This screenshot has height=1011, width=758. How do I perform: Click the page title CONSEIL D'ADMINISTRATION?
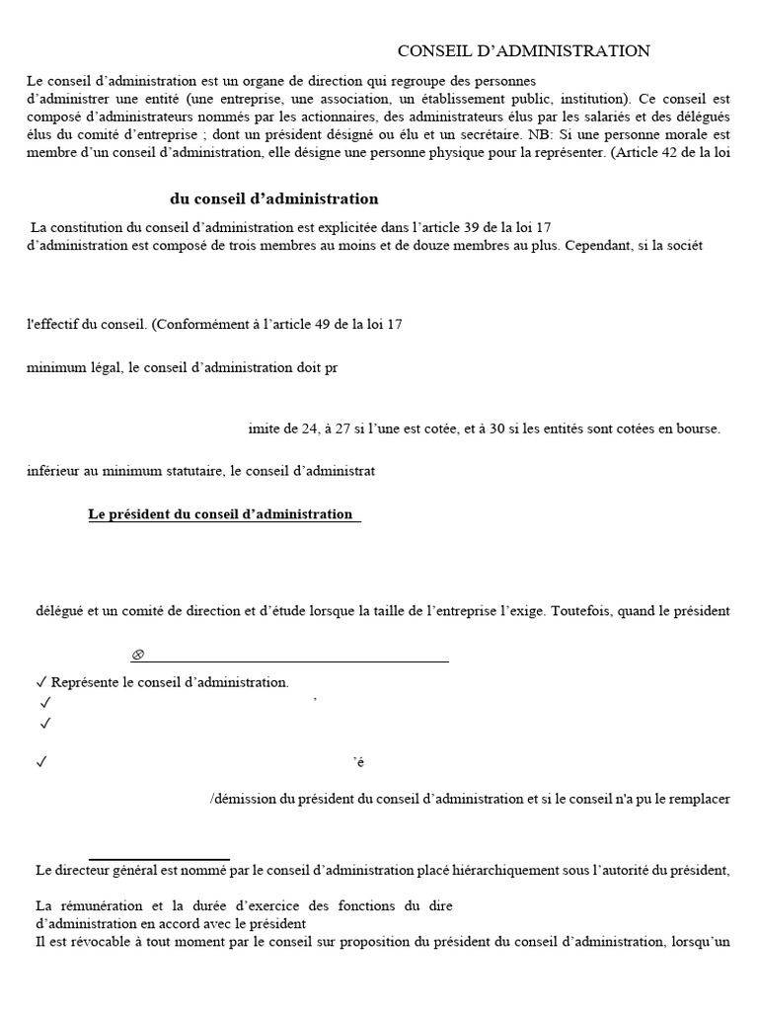(523, 51)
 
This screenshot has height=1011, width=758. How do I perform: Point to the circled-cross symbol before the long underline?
(138, 655)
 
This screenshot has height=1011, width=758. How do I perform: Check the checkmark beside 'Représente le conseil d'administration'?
(40, 682)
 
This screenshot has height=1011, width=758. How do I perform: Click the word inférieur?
(54, 471)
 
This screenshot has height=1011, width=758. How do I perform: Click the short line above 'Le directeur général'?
(159, 859)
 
